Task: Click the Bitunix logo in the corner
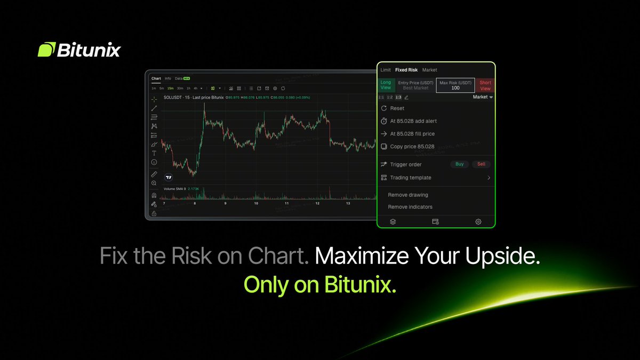[79, 50]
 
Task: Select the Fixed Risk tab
[406, 70]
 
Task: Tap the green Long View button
[386, 85]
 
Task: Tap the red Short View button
[485, 85]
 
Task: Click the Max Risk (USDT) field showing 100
[455, 85]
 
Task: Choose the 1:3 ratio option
[398, 97]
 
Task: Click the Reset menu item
[397, 108]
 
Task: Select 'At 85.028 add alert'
[413, 121]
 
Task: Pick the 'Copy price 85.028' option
[412, 147]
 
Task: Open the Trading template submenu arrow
[489, 178]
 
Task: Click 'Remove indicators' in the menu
[410, 207]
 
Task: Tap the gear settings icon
[478, 222]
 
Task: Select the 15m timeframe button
[170, 88]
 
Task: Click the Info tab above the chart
[168, 78]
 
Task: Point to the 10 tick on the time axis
[256, 203]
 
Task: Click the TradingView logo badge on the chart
[169, 177]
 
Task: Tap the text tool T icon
[154, 153]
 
